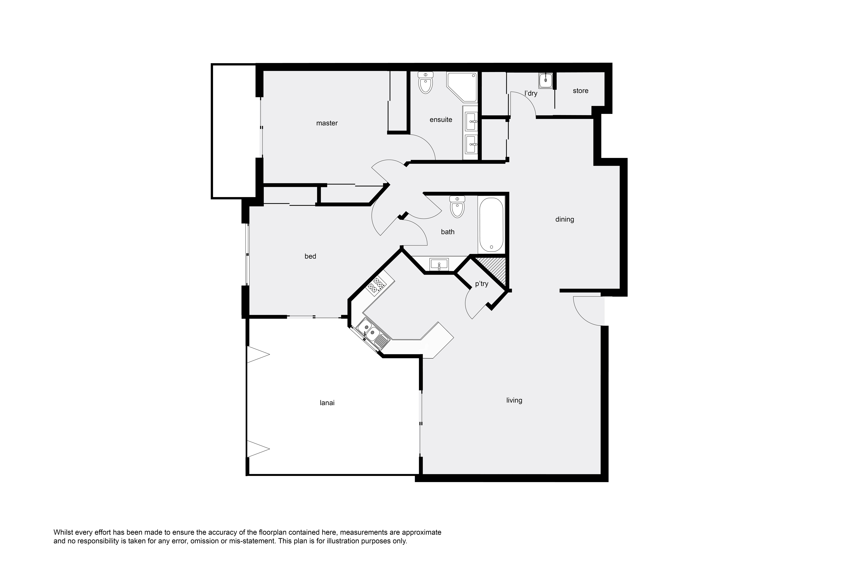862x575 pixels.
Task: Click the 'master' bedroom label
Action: pyautogui.click(x=327, y=123)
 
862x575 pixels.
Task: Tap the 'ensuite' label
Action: pyautogui.click(x=441, y=120)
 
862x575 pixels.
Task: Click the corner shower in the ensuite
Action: pyautogui.click(x=462, y=87)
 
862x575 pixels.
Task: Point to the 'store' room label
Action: pyautogui.click(x=581, y=91)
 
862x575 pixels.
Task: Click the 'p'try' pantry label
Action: pyautogui.click(x=482, y=284)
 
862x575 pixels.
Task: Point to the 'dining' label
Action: pyautogui.click(x=564, y=219)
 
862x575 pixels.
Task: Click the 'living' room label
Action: pyautogui.click(x=514, y=400)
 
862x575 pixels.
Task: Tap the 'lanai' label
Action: pyautogui.click(x=327, y=403)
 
